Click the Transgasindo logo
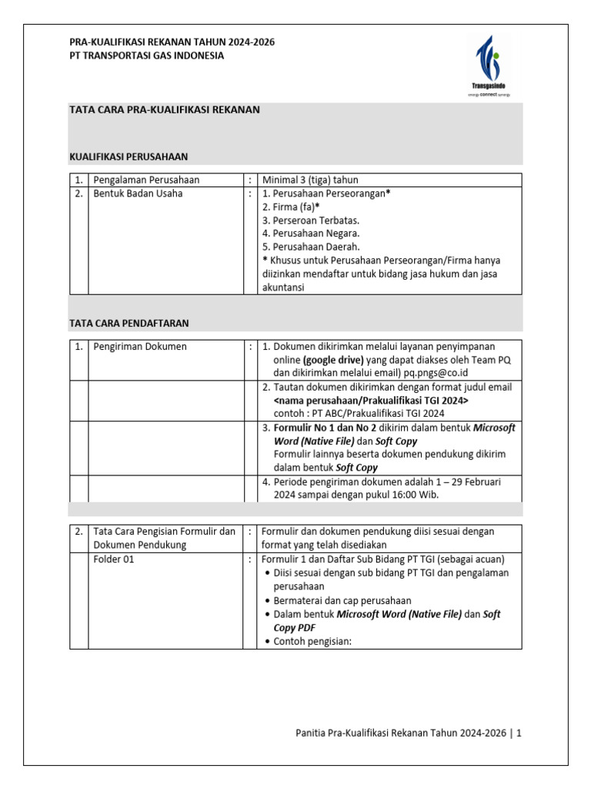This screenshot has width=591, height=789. (x=490, y=65)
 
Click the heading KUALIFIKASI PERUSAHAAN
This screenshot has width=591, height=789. (x=129, y=157)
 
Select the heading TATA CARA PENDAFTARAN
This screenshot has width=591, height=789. (x=129, y=323)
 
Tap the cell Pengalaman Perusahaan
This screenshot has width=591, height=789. (x=146, y=180)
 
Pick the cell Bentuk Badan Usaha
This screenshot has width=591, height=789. (x=138, y=194)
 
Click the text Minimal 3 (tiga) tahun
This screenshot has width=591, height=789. (x=310, y=180)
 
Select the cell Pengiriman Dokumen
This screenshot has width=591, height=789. (x=139, y=347)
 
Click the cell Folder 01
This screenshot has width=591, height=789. (x=113, y=559)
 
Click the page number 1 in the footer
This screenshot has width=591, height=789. (x=519, y=734)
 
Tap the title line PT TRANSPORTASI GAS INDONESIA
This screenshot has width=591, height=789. (x=147, y=55)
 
